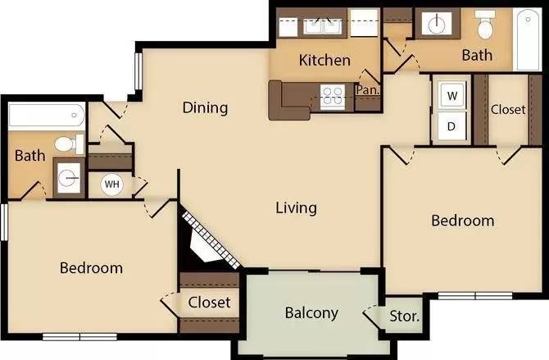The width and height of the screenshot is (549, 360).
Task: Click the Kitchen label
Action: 324,61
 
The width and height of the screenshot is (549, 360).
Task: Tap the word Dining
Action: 205,107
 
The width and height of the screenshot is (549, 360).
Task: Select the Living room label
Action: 296,207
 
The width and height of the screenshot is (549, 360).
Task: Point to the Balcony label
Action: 311,313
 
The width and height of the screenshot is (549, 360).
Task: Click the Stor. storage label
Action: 405,317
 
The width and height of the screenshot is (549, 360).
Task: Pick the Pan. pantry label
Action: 368,90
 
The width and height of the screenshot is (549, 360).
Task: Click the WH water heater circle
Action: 112,184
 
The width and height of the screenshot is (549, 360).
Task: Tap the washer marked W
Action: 452,95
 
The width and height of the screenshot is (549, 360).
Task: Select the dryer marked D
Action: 451,126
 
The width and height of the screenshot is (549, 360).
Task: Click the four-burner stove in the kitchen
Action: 333,96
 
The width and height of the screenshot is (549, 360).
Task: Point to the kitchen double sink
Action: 323,26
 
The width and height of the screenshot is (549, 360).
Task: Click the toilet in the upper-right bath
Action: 485,25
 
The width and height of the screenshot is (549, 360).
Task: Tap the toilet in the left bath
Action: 70,144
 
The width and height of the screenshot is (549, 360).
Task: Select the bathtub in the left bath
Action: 47,115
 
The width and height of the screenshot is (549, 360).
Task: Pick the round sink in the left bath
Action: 69,178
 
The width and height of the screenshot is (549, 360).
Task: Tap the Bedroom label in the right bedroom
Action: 463,221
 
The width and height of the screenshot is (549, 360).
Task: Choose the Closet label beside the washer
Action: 508,110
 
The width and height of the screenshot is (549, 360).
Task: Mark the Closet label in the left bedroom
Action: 210,303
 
